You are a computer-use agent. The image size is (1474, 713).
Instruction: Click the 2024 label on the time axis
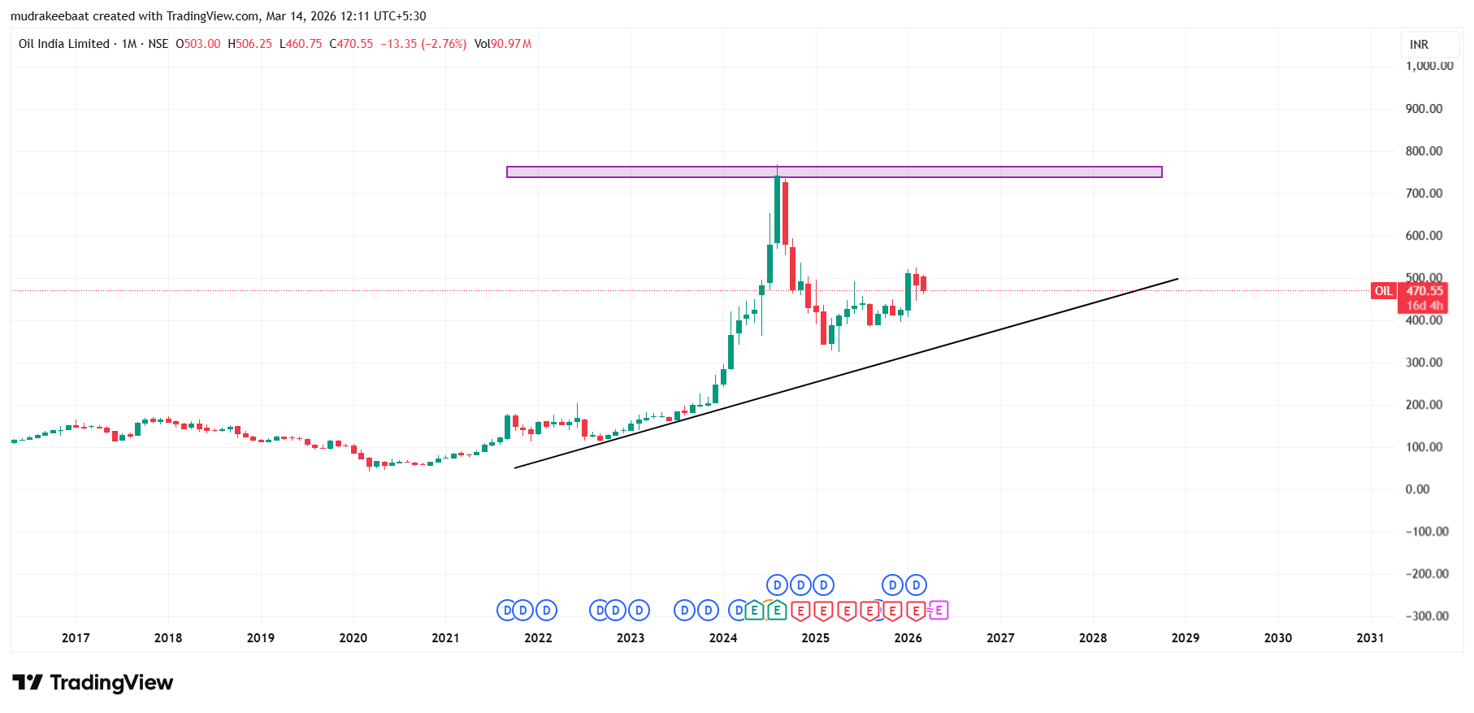tap(722, 638)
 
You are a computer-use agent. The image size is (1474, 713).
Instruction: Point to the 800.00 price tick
tap(1424, 151)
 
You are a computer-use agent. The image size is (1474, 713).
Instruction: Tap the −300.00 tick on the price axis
tap(1427, 616)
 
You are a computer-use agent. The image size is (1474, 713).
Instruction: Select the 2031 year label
tap(1370, 638)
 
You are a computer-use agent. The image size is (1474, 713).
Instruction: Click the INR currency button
tap(1419, 45)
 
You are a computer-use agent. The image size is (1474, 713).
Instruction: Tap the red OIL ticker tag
tap(1383, 291)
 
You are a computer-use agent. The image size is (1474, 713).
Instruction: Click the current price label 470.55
tap(1424, 291)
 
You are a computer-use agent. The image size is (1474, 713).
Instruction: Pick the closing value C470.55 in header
tap(351, 44)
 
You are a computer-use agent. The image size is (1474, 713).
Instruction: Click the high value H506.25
tap(249, 44)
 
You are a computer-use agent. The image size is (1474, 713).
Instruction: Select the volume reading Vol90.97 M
tap(503, 44)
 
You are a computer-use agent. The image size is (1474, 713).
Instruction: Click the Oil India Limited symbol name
tap(64, 44)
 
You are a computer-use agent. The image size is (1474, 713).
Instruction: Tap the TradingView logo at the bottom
tap(93, 683)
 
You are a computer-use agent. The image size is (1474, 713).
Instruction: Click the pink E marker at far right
tap(939, 610)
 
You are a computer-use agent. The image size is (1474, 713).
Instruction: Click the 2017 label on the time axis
tap(76, 638)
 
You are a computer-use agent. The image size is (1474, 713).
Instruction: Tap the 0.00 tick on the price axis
tap(1417, 489)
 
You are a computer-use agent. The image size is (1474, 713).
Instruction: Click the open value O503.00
tap(198, 44)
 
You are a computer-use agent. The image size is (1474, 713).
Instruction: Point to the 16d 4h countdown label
tap(1424, 306)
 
